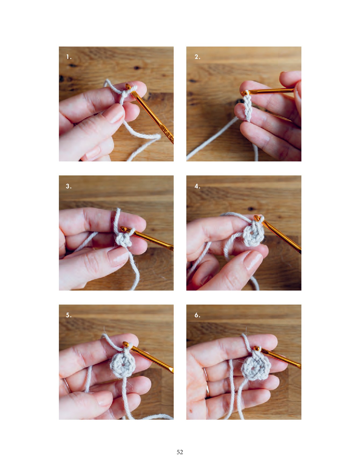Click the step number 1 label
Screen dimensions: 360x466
69,57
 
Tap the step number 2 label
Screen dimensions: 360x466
197,57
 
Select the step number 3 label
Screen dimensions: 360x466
69,186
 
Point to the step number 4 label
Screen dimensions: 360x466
197,186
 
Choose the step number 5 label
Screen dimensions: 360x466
69,315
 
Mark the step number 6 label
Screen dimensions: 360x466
197,315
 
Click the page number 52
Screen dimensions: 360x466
180,452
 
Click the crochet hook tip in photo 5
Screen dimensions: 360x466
126,344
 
